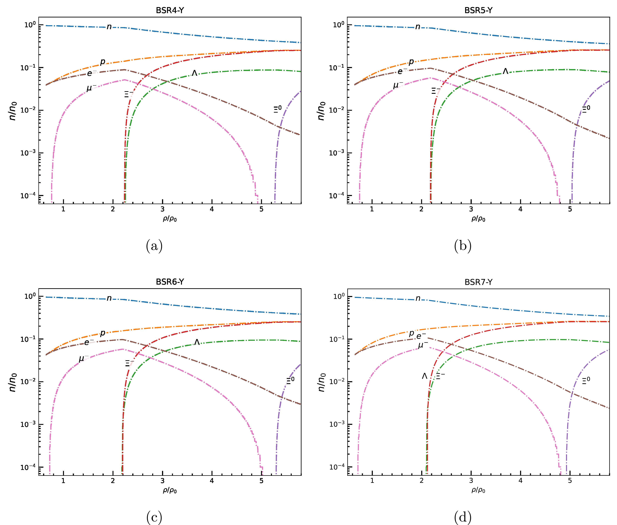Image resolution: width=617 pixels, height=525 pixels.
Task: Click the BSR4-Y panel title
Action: pyautogui.click(x=170, y=10)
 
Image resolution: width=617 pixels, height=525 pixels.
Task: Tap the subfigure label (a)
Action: pyautogui.click(x=154, y=246)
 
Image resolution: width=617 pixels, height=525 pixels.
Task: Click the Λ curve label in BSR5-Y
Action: pyautogui.click(x=505, y=71)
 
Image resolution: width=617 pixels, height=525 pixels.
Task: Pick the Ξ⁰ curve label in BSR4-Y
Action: pyautogui.click(x=277, y=109)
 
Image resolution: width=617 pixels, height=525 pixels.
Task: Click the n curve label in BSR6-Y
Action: pyautogui.click(x=109, y=298)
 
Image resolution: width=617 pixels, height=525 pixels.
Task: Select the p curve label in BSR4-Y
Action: pyautogui.click(x=103, y=62)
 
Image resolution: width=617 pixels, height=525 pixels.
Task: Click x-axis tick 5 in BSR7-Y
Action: pyautogui.click(x=570, y=481)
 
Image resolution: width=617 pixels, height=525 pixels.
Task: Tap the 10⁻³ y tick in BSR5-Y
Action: pyautogui.click(x=336, y=153)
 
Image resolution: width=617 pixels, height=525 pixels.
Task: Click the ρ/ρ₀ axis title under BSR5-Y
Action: pyautogui.click(x=478, y=219)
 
